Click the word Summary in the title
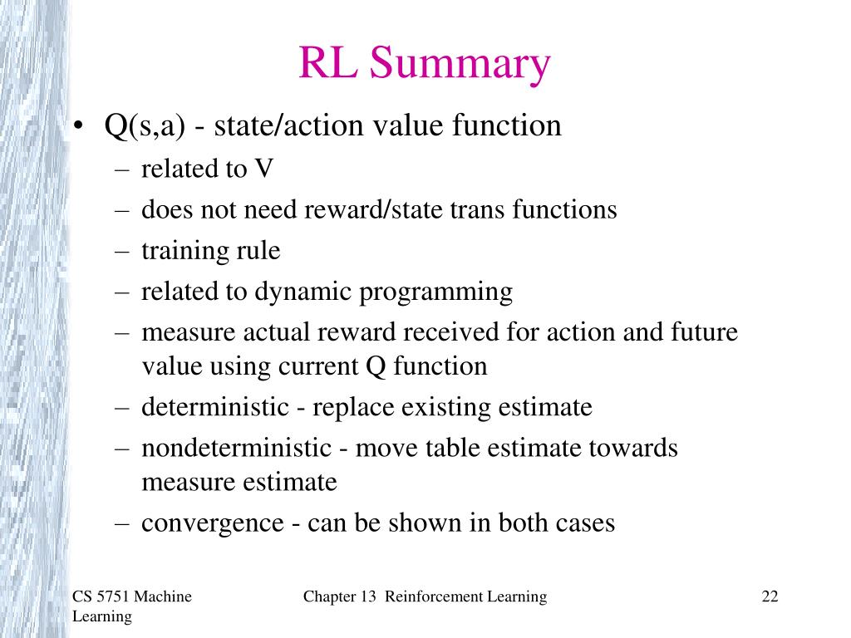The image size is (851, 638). coord(460,66)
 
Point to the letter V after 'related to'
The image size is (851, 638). coord(264,169)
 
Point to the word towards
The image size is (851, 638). coord(632,449)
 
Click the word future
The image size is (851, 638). coord(704,332)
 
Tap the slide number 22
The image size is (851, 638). coord(769,596)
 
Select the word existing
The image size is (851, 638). coord(448,408)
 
